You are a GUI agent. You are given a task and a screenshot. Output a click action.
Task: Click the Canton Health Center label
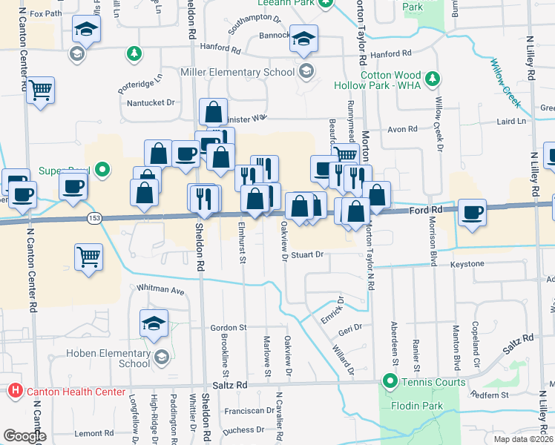click(x=65, y=391)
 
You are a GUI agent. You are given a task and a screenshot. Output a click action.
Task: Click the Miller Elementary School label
click(x=237, y=73)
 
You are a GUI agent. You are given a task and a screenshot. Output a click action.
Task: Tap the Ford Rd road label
click(x=425, y=211)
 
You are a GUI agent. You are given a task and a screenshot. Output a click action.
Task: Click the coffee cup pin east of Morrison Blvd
click(x=472, y=213)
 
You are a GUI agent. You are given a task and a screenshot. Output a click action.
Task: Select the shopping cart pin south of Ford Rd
click(x=89, y=257)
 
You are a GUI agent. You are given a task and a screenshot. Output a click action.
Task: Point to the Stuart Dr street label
click(x=308, y=254)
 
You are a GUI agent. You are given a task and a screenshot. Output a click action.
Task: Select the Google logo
click(x=24, y=436)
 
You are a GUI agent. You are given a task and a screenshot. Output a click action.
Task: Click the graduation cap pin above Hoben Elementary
click(x=154, y=323)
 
